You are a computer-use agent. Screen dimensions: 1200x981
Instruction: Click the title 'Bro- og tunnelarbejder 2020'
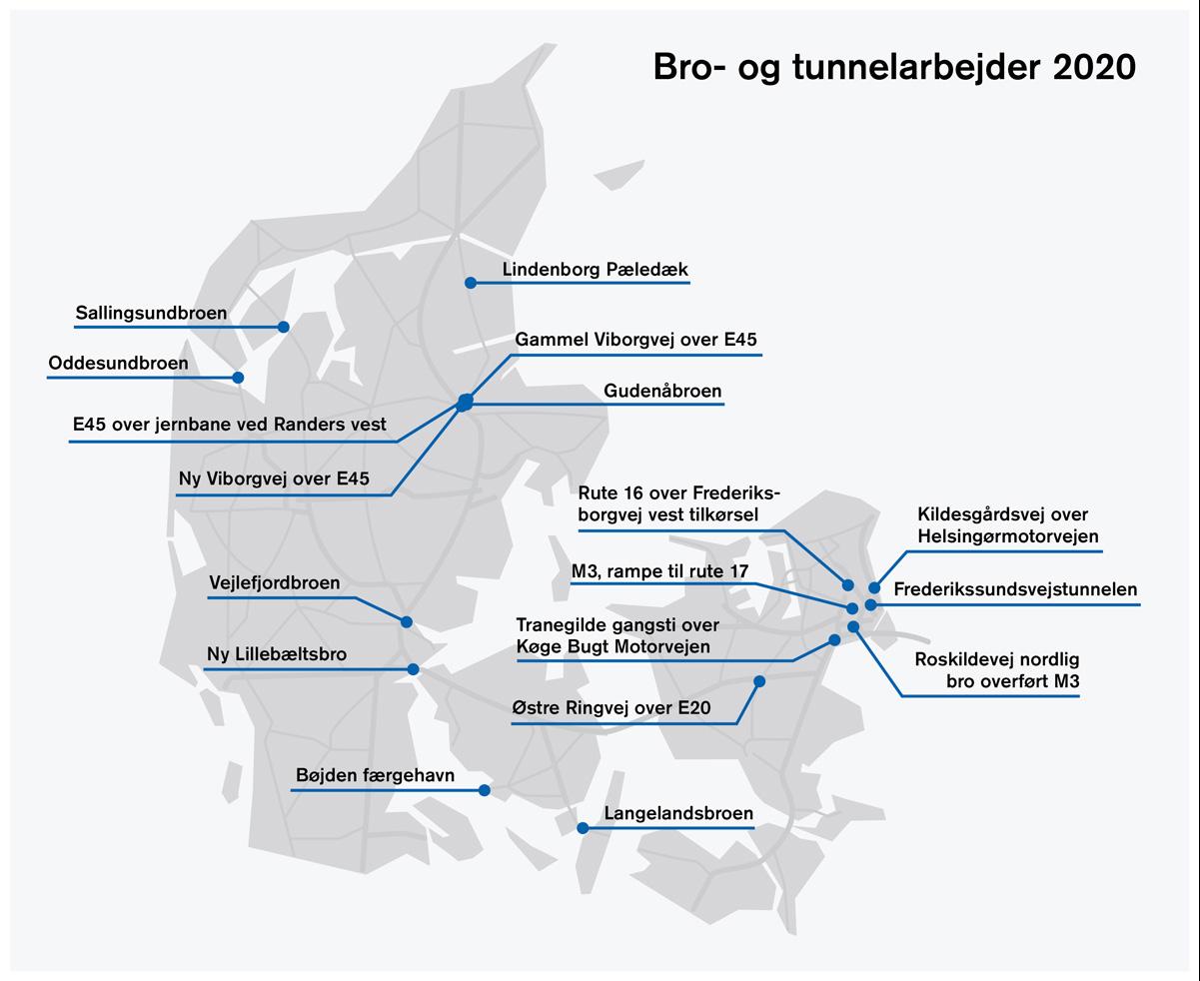point(894,68)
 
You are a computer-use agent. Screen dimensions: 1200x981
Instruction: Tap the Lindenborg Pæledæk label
point(595,269)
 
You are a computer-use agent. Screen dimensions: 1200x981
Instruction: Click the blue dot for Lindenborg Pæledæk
point(471,283)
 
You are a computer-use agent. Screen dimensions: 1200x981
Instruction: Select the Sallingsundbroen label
point(151,313)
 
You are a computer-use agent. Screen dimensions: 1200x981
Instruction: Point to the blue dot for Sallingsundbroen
point(284,327)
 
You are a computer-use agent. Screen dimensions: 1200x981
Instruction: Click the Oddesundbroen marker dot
point(239,378)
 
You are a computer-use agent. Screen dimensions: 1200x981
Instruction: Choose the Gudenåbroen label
point(662,391)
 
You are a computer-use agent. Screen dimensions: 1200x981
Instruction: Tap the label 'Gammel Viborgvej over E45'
point(635,340)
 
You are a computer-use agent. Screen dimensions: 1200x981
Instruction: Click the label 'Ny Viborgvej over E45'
point(274,479)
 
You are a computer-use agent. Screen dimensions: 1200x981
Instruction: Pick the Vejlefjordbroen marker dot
point(407,622)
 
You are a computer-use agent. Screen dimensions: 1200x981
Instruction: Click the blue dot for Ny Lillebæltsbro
point(414,669)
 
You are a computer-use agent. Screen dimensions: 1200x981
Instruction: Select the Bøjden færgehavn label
point(375,775)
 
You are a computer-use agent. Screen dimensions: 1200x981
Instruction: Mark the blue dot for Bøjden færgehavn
point(485,790)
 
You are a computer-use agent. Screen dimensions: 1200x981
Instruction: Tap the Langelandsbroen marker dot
point(583,828)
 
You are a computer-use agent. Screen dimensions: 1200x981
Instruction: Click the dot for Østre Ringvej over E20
point(759,681)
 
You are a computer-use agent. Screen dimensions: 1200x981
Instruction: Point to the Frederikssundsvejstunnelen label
point(1015,589)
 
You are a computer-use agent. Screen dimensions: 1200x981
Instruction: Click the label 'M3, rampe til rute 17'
point(660,570)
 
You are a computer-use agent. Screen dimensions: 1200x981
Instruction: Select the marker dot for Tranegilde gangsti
point(834,640)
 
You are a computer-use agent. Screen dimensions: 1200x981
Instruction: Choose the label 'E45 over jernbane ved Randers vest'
point(229,424)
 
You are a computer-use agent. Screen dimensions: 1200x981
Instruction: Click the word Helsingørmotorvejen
point(1008,536)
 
